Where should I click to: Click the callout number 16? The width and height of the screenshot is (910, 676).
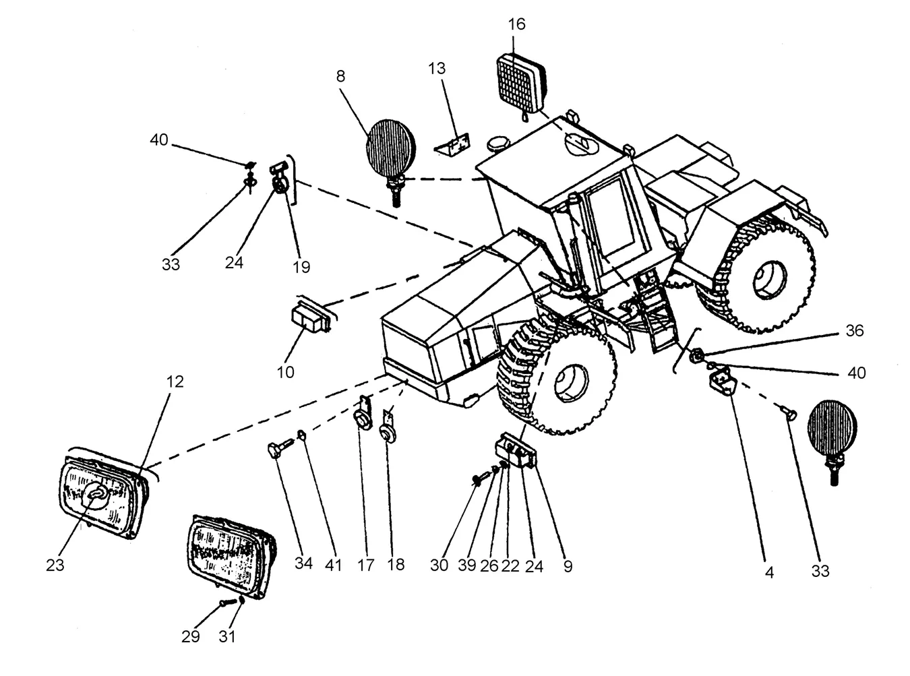pyautogui.click(x=516, y=25)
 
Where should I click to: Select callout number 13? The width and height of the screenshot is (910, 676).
pyautogui.click(x=436, y=69)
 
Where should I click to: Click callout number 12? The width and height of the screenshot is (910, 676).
pyautogui.click(x=175, y=382)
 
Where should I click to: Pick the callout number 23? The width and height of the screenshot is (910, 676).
pyautogui.click(x=55, y=565)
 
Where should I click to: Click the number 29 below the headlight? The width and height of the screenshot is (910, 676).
pyautogui.click(x=190, y=637)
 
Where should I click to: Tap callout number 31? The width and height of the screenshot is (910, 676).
pyautogui.click(x=227, y=637)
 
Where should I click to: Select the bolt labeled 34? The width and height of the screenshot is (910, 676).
pyautogui.click(x=280, y=448)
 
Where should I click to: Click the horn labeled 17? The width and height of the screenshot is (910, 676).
pyautogui.click(x=363, y=415)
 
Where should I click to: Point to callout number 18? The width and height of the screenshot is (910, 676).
pyautogui.click(x=396, y=565)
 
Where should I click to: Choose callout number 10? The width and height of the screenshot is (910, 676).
pyautogui.click(x=286, y=373)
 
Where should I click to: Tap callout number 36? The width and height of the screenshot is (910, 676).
pyautogui.click(x=855, y=331)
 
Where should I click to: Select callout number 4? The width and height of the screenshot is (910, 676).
pyautogui.click(x=770, y=573)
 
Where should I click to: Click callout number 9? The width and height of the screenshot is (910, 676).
pyautogui.click(x=568, y=566)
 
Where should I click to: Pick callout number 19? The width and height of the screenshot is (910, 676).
pyautogui.click(x=301, y=268)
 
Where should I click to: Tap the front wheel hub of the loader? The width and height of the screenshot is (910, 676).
pyautogui.click(x=571, y=383)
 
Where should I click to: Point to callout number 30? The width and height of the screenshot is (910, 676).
pyautogui.click(x=439, y=565)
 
